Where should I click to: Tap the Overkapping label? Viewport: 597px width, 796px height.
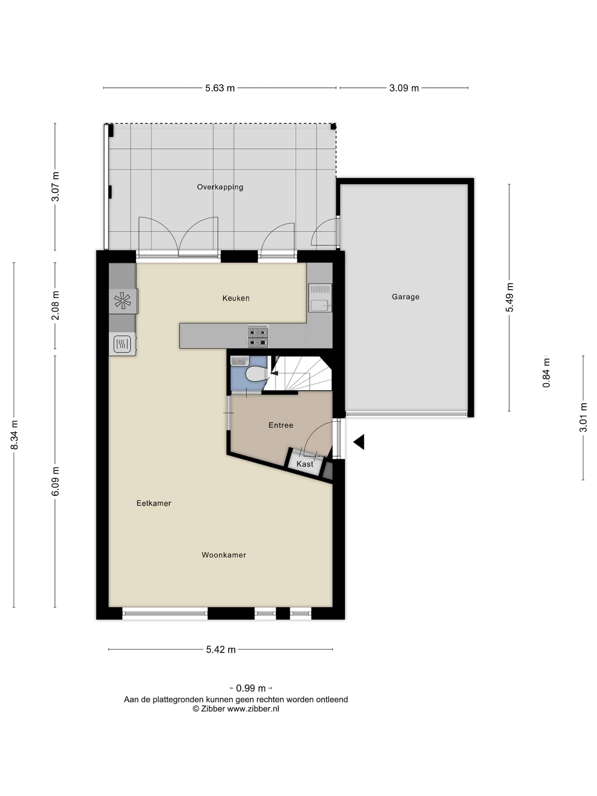tap(220, 187)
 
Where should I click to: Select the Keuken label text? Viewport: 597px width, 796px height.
tap(236, 298)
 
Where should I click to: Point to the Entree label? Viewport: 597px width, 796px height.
tap(281, 425)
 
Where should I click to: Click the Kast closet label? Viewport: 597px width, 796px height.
tap(305, 464)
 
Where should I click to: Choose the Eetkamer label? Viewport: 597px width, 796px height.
tap(154, 503)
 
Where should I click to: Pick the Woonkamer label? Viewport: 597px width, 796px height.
tap(224, 555)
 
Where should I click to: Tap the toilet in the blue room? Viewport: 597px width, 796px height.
tap(256, 374)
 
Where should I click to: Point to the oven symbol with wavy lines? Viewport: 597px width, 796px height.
tap(122, 344)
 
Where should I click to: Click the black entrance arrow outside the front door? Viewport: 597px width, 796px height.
tap(359, 442)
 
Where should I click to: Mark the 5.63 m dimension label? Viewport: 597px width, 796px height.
tap(220, 88)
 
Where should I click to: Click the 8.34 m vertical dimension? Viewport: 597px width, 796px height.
tap(14, 435)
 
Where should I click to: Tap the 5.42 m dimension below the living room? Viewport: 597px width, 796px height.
tap(221, 650)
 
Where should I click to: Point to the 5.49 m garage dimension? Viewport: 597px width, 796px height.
tap(509, 297)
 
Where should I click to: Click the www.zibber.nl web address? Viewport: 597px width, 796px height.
tap(253, 709)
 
